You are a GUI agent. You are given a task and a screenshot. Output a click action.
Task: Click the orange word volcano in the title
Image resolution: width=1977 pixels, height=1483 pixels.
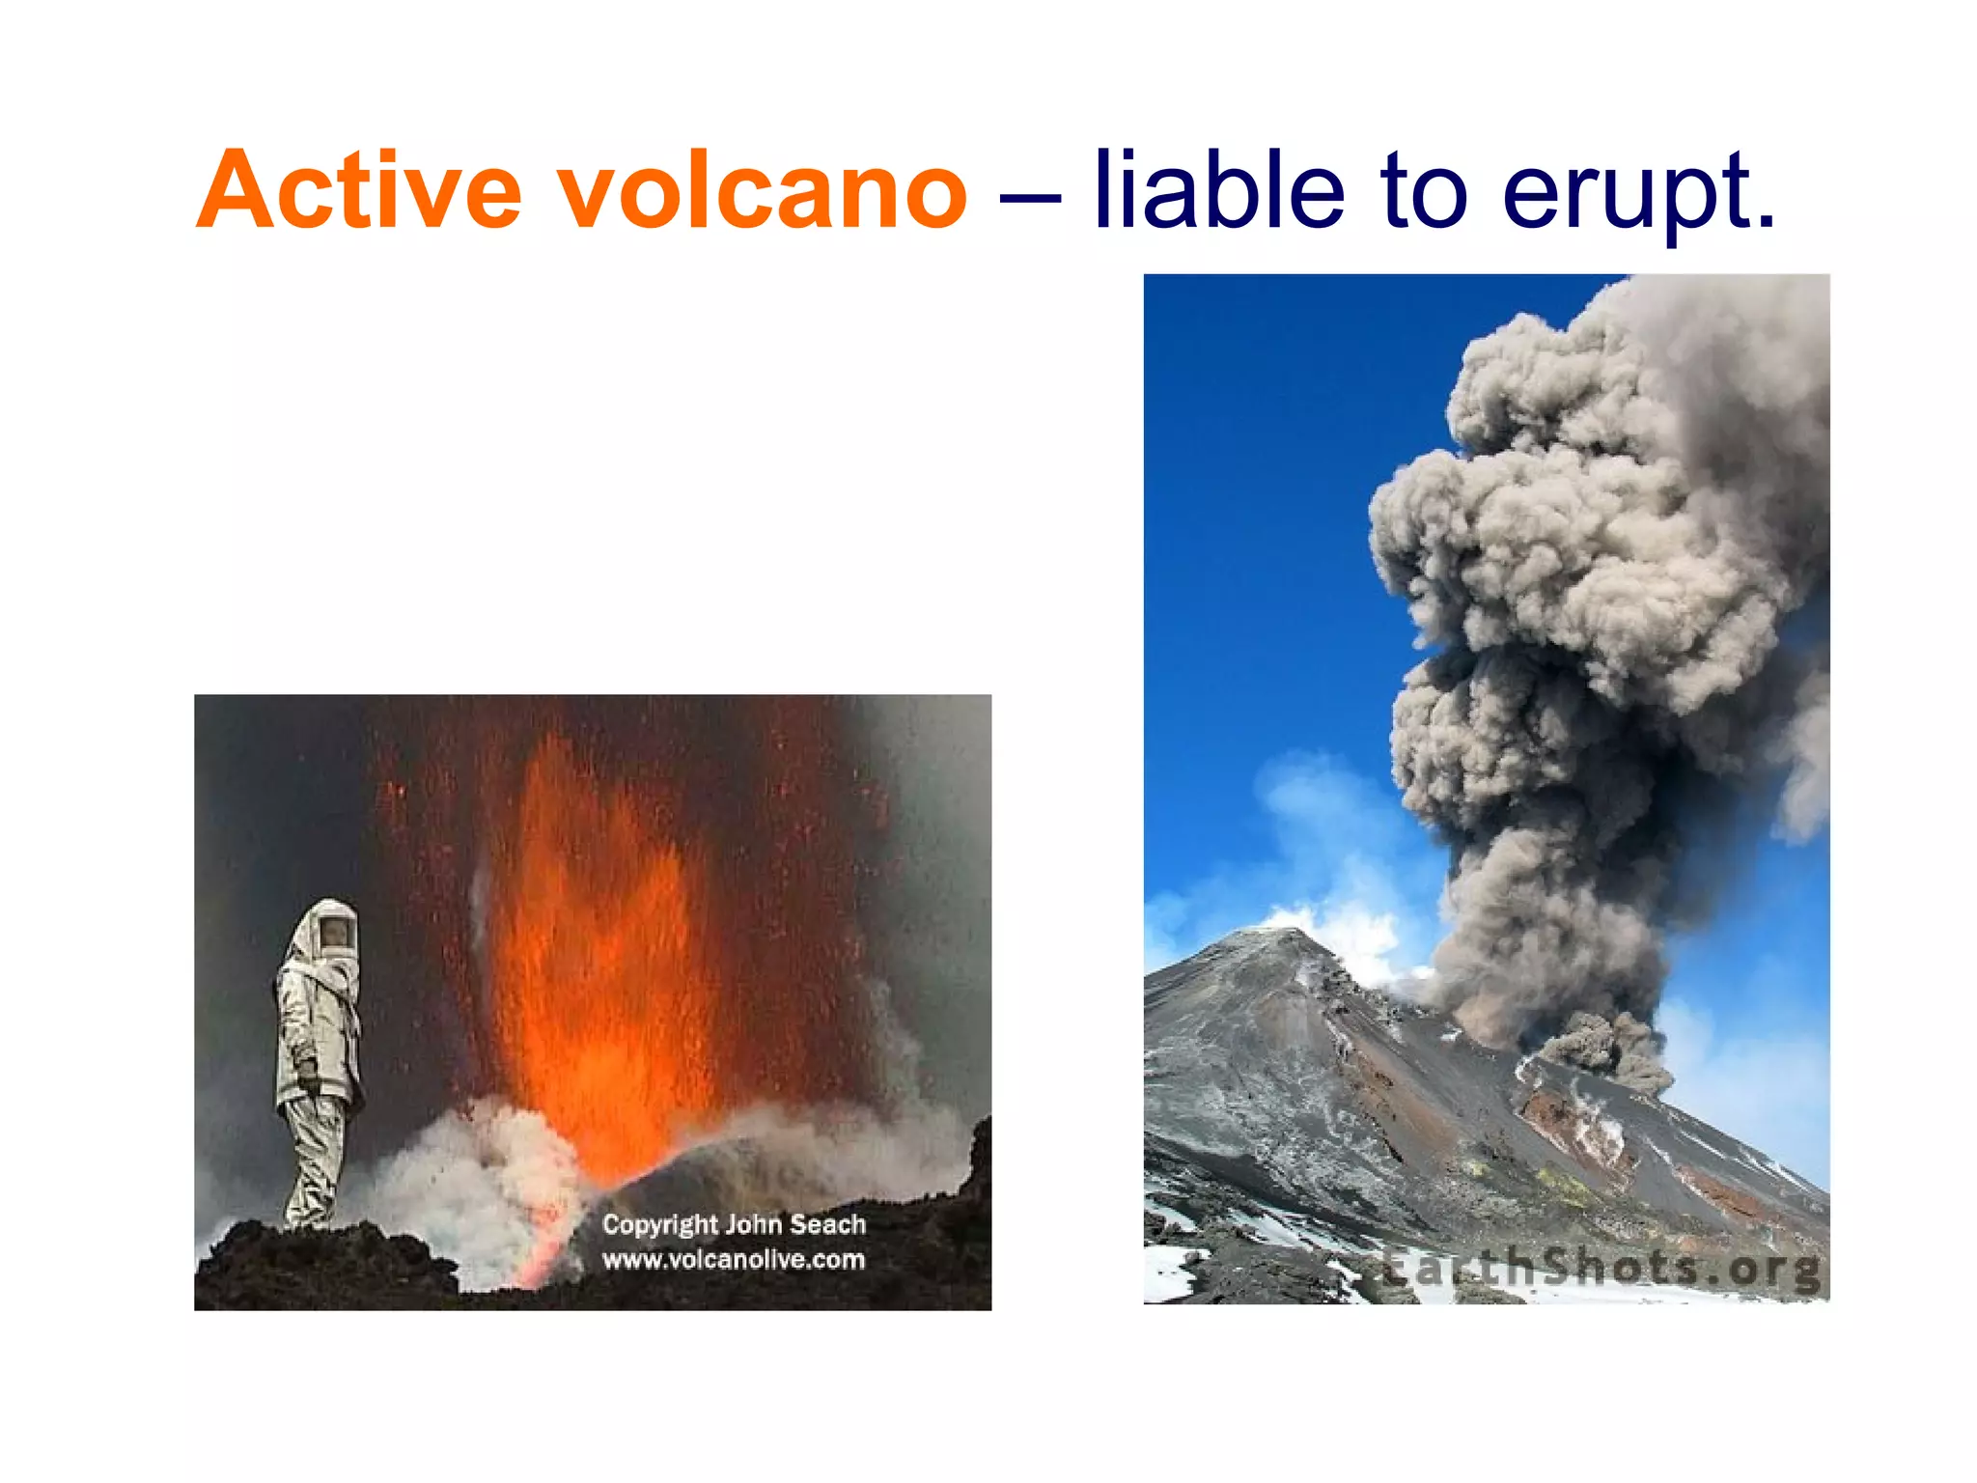(x=763, y=190)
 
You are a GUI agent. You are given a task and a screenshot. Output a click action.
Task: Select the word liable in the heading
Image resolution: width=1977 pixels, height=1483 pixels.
(x=1218, y=190)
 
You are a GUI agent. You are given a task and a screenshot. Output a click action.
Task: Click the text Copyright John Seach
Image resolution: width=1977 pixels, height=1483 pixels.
(x=734, y=1224)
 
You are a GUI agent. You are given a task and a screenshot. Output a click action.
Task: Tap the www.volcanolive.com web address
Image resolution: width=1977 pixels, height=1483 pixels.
(x=734, y=1259)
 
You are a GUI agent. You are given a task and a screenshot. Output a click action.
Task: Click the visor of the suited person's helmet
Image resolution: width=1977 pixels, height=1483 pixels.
(x=336, y=933)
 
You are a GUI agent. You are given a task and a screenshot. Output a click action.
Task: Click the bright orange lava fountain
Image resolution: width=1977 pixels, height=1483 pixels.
(x=599, y=965)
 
